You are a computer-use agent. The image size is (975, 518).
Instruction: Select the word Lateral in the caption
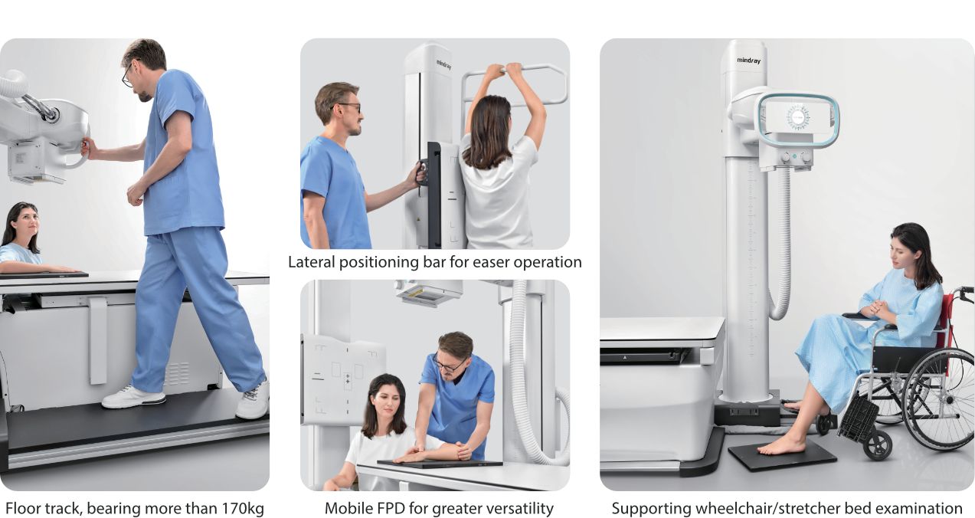coord(310,262)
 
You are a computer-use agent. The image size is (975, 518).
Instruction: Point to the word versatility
coord(516,508)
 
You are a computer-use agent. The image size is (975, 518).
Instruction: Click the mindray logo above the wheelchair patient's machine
coord(748,60)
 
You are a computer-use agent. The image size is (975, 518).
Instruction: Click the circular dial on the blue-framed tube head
coord(797,117)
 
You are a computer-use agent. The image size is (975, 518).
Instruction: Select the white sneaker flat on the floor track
coord(133,397)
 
